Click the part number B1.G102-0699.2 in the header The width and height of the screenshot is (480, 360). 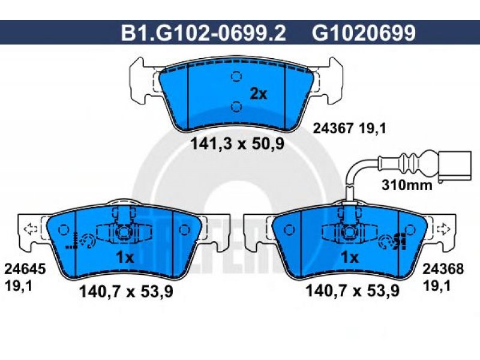coord(203,33)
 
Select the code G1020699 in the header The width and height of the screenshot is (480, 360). coord(364,33)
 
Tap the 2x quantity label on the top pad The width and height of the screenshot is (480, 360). coord(259,94)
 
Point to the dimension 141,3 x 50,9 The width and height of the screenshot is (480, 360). coord(237,143)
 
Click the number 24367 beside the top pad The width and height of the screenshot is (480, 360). coord(333,128)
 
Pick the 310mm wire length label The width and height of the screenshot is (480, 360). coord(407,185)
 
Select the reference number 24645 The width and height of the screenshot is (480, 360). coord(25,269)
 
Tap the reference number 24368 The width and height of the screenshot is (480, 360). coord(443,269)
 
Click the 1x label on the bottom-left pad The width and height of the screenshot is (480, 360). coord(125,258)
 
